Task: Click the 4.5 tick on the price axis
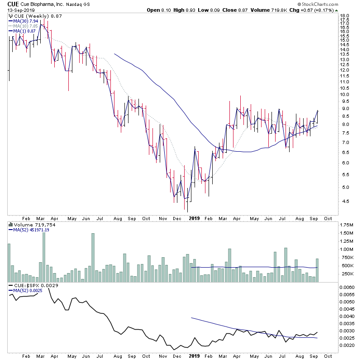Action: tap(345, 202)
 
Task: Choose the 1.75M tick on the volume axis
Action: tap(348, 225)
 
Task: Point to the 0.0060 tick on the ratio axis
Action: tap(348, 287)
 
